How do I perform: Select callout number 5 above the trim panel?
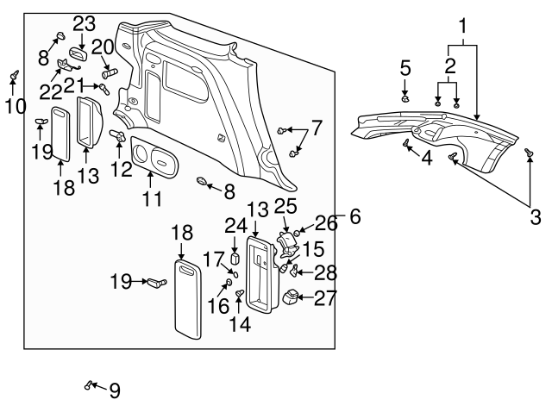point(405,67)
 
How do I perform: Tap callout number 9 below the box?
point(114,390)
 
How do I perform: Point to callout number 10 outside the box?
point(10,106)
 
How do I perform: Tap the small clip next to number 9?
point(89,384)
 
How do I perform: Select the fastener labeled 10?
point(14,78)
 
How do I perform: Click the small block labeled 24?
point(234,259)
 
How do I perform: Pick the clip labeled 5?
point(405,97)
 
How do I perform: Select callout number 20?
point(103,47)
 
